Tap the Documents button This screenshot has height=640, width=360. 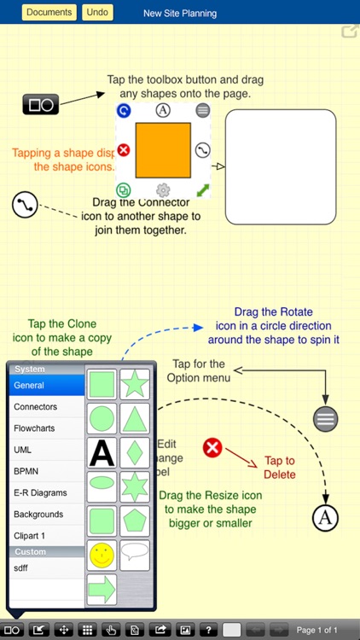(49, 13)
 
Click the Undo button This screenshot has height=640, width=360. (97, 13)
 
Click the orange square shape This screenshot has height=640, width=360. (163, 150)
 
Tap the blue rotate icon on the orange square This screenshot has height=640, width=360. (124, 110)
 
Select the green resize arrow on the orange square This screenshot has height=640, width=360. (202, 189)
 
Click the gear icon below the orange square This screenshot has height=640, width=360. (163, 190)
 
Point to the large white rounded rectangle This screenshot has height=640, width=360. (280, 166)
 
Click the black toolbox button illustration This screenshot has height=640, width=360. (40, 105)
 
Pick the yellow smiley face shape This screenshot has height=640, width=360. (102, 556)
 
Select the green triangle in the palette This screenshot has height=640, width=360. (135, 418)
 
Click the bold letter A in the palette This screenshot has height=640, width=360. (102, 453)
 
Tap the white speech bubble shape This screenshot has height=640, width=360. (135, 554)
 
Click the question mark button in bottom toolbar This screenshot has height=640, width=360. (208, 630)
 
